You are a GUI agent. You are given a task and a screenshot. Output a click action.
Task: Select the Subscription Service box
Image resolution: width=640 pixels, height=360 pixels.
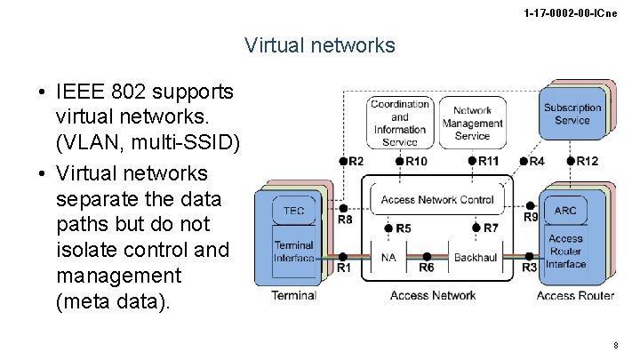tap(572, 115)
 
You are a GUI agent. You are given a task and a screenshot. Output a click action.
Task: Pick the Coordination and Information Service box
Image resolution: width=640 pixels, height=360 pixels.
tap(400, 123)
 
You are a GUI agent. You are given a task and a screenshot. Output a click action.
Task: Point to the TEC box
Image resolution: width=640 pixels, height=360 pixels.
tap(293, 210)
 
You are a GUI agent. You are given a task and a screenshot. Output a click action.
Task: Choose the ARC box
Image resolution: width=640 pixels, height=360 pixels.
tap(565, 211)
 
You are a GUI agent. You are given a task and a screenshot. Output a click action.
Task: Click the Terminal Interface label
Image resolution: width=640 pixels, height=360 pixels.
tap(293, 252)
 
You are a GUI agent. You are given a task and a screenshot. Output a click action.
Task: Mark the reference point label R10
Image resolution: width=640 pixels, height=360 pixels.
tap(413, 161)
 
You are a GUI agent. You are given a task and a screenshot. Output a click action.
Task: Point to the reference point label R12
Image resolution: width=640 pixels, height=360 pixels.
tap(587, 161)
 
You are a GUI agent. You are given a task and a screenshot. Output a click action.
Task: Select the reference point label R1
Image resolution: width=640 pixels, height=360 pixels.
tap(343, 267)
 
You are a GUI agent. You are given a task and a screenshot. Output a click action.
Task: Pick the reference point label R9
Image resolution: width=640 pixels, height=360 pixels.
tap(531, 217)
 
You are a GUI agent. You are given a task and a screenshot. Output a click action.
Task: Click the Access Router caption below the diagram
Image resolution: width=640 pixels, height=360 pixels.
tap(575, 295)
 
